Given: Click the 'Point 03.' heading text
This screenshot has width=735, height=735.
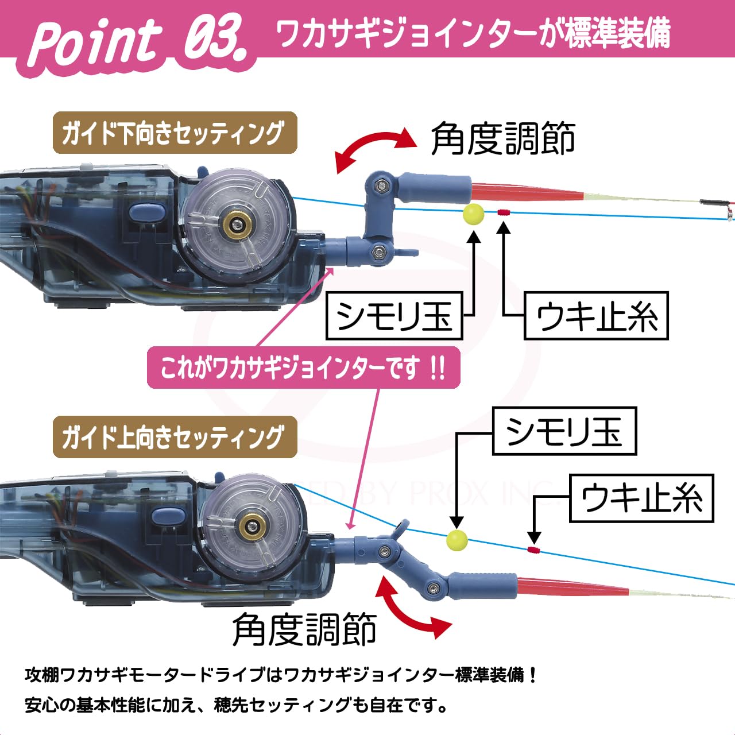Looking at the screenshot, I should point(138,40).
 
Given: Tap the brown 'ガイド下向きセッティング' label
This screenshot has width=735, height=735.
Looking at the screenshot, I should point(175,133).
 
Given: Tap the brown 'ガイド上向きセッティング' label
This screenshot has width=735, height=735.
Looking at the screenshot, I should point(175,438).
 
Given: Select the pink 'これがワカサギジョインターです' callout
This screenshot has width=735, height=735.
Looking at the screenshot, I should point(303,367).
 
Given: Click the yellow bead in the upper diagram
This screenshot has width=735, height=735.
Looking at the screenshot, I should point(473,214).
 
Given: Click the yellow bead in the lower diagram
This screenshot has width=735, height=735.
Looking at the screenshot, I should point(457,540).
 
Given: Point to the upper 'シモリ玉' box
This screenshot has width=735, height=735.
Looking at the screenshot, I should point(394,316).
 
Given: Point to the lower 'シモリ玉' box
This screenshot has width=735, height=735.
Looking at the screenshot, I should point(564,431).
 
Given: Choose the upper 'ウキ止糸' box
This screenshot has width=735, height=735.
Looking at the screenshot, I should point(596,316).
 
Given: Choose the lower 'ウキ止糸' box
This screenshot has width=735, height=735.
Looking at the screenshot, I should point(641,498).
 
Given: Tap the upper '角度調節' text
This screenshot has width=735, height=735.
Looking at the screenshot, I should point(503,139).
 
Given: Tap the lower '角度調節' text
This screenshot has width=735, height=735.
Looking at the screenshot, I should point(304,630).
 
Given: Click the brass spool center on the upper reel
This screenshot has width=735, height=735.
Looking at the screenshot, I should point(234,224).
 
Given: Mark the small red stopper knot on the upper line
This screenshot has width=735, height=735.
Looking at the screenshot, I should point(504,212).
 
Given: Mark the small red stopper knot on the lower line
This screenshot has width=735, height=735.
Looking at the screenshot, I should point(533,550).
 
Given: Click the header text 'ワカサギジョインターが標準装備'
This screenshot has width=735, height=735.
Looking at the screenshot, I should point(473,33).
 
